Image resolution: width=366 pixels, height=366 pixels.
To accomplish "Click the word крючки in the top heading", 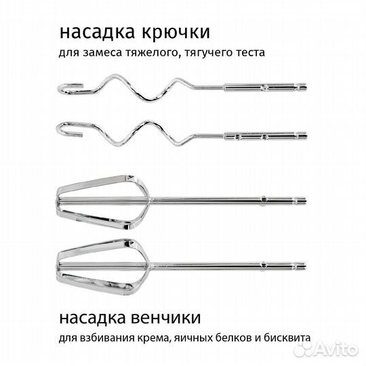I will [175, 32].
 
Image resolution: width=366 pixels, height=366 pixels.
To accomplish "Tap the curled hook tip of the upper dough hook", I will [65, 91].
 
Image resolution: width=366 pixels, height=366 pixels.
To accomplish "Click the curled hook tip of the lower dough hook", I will [66, 129].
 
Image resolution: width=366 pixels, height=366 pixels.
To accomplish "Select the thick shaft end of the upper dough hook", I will [264, 87].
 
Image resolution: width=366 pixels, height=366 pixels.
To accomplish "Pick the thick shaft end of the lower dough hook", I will [264, 136].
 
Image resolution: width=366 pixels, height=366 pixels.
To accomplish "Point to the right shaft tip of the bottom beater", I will [303, 265].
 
